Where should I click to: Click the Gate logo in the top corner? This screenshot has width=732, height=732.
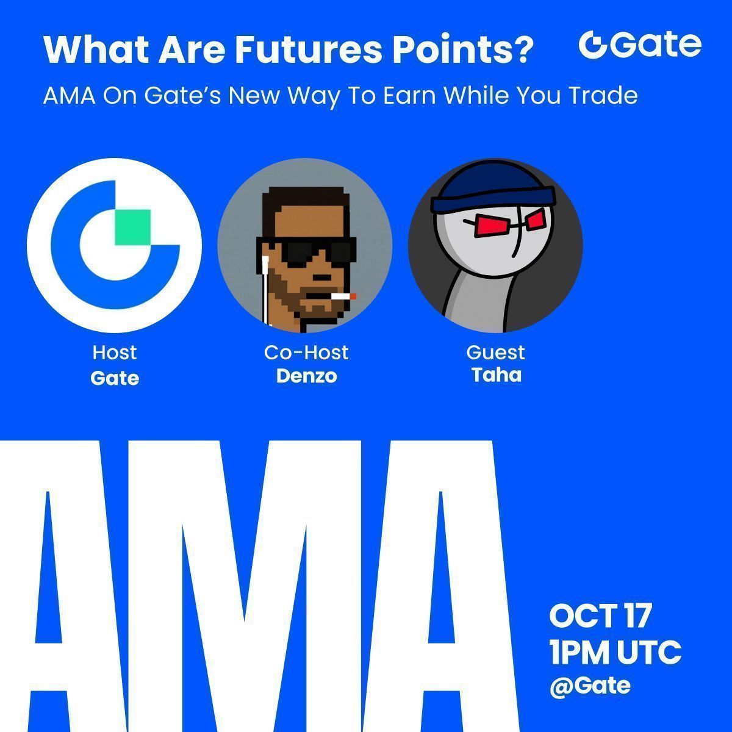(x=640, y=45)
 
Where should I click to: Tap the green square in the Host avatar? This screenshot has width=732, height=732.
(x=132, y=227)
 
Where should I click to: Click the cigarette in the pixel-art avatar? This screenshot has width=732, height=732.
(x=343, y=296)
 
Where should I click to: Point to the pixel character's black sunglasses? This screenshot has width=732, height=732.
(x=307, y=250)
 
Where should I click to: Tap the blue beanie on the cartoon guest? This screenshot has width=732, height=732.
(x=493, y=188)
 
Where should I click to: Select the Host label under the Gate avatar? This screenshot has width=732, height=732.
(x=114, y=353)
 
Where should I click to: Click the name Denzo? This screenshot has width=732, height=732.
(x=307, y=376)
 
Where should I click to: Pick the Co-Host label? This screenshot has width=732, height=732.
(x=306, y=353)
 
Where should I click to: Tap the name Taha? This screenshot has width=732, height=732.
(x=497, y=375)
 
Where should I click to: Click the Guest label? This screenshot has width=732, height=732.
(x=495, y=353)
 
